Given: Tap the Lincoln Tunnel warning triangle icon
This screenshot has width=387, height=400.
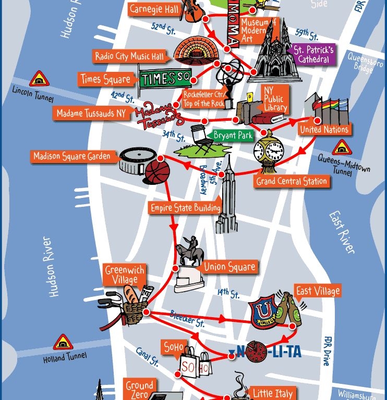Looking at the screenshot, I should pyautogui.click(x=39, y=79).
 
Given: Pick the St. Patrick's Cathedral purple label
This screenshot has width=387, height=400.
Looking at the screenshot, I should pyautogui.click(x=313, y=55).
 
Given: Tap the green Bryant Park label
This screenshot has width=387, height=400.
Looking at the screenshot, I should pyautogui.click(x=233, y=136).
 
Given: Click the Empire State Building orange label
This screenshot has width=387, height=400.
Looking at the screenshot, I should pyautogui.click(x=185, y=208).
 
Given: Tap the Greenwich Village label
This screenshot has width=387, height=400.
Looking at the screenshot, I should pyautogui.click(x=125, y=274).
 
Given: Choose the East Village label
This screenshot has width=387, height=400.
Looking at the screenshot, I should pyautogui.click(x=317, y=291).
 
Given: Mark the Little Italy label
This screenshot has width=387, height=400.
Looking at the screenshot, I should pyautogui.click(x=272, y=393).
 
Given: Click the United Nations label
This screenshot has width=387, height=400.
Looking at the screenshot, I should pyautogui.click(x=324, y=129).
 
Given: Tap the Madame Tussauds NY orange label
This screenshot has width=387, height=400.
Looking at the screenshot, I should pyautogui.click(x=91, y=113).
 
